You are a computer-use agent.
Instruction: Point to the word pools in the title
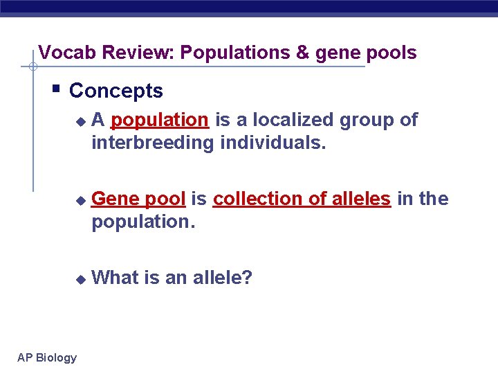click(391, 53)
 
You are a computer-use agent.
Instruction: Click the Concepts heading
click(116, 91)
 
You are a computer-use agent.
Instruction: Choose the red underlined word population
click(159, 120)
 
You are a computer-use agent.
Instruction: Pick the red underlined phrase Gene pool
click(138, 199)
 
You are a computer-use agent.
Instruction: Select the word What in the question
click(115, 278)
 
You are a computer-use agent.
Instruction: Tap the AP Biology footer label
click(47, 357)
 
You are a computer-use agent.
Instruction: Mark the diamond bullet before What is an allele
click(80, 279)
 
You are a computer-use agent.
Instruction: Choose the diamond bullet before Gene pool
click(80, 200)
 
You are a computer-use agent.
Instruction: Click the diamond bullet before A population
click(80, 121)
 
